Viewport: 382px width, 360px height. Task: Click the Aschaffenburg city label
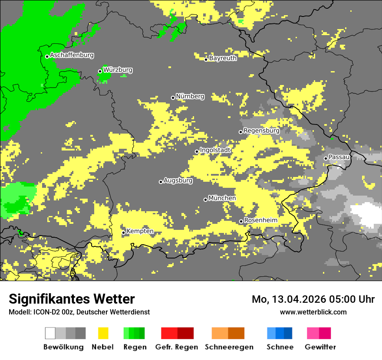pos(72,55)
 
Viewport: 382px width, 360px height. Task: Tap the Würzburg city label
pos(118,70)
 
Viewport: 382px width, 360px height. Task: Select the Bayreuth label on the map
pos(223,58)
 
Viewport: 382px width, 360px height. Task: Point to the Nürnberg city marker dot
pos(173,98)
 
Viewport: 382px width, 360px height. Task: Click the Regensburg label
pos(261,131)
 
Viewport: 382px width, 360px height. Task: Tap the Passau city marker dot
pos(326,158)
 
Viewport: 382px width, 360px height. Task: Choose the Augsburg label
pos(178,180)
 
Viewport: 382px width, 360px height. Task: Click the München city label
pos(222,198)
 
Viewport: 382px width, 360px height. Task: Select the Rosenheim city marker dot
pos(241,222)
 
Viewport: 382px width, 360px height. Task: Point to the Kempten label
pos(140,231)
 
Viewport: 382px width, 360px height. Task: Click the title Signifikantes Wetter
pos(72,299)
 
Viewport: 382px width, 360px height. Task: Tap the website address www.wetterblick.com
pos(313,312)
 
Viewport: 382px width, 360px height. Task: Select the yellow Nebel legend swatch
pos(103,333)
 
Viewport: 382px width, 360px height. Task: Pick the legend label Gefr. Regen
pos(177,347)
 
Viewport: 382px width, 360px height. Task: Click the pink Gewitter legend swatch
pos(319,333)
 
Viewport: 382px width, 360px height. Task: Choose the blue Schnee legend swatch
pos(280,333)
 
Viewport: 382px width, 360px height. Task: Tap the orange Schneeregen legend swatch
pos(228,333)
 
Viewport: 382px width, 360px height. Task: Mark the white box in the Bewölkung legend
pos(50,333)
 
